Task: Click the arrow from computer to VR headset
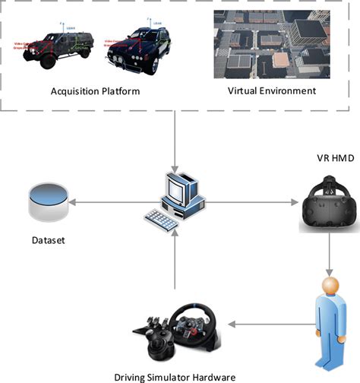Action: (x=251, y=204)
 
